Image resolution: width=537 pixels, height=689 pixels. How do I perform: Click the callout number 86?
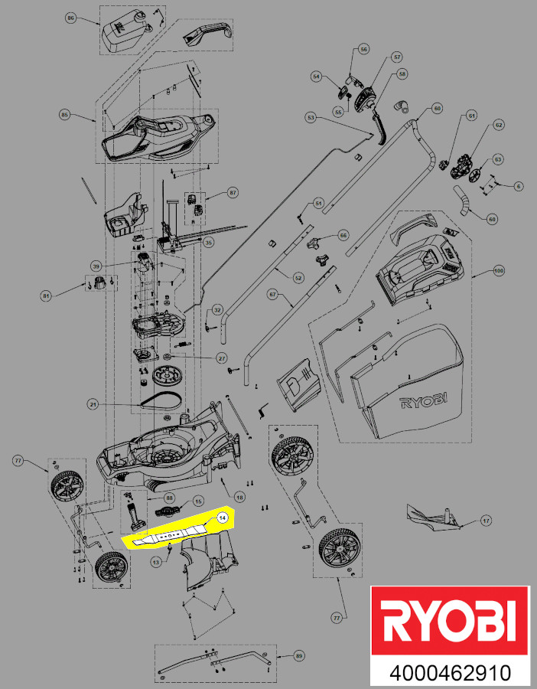pyautogui.click(x=71, y=17)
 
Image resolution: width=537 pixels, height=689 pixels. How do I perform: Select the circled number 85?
pyautogui.click(x=65, y=115)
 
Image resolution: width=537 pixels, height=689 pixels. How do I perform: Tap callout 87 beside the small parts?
pyautogui.click(x=233, y=193)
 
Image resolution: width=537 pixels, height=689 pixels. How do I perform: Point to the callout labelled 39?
pyautogui.click(x=96, y=266)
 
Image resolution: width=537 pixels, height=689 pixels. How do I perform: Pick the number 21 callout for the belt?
pyautogui.click(x=93, y=403)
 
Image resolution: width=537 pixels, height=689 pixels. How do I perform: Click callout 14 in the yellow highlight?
pyautogui.click(x=222, y=518)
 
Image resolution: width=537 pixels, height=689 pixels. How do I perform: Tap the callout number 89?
pyautogui.click(x=299, y=656)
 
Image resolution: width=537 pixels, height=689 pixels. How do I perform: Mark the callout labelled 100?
pyautogui.click(x=500, y=271)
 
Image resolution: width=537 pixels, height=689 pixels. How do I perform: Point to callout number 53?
pyautogui.click(x=310, y=118)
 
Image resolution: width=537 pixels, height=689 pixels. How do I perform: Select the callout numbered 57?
pyautogui.click(x=396, y=57)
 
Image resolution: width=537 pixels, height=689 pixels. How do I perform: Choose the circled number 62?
pyautogui.click(x=498, y=125)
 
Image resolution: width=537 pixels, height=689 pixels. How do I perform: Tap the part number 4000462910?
pyautogui.click(x=450, y=674)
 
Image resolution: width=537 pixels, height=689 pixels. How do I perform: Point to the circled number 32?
pyautogui.click(x=217, y=310)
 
